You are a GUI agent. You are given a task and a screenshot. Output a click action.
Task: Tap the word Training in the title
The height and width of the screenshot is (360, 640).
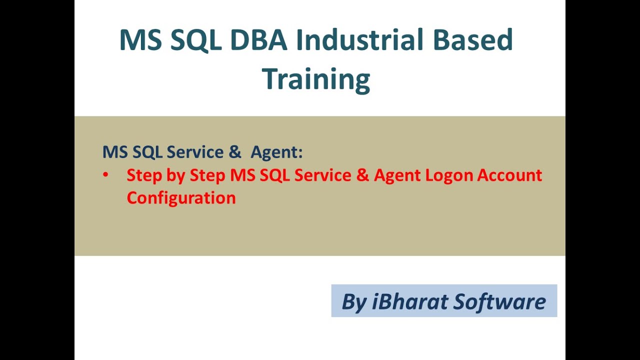316,79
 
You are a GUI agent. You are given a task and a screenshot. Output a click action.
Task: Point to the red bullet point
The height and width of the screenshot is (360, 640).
105,175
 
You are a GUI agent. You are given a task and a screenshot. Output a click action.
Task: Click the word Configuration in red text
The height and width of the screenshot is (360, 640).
181,197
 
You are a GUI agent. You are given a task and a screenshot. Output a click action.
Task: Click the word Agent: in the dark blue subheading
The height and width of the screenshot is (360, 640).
276,152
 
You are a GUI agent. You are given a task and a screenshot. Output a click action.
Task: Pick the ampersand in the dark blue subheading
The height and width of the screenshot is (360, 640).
235,152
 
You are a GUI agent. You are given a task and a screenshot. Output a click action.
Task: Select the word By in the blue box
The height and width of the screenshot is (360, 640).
354,301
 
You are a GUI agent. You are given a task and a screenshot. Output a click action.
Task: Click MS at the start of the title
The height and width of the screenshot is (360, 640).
140,40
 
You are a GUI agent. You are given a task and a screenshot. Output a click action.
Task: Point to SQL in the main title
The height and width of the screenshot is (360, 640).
196,40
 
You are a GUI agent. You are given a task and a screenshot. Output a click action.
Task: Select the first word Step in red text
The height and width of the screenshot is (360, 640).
142,175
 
